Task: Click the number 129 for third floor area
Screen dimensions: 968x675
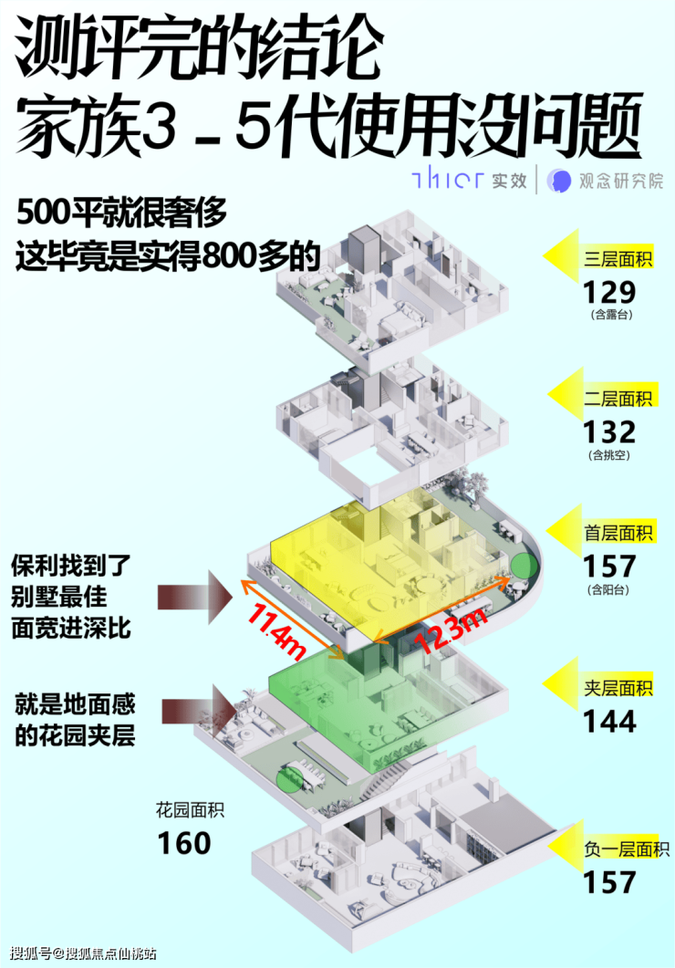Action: coord(610,293)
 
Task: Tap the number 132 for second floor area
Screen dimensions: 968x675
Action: coord(610,431)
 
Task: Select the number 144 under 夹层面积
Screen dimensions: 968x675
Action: coord(610,722)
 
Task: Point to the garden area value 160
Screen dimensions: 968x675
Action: coord(183,842)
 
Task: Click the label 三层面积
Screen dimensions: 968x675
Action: coord(618,260)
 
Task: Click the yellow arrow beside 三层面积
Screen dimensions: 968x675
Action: coord(563,256)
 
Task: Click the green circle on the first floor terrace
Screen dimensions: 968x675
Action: coord(523,564)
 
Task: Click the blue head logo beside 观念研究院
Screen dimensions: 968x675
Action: coord(558,180)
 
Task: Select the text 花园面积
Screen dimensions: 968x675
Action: coord(189,808)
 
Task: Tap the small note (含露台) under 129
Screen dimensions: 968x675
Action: coord(610,316)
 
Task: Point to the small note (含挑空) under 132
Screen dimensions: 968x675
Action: coord(610,454)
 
